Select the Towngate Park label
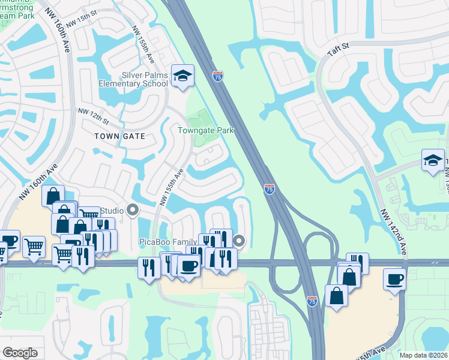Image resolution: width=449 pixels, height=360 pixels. tap(205, 130)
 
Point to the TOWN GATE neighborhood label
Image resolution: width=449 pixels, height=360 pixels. tap(119, 136)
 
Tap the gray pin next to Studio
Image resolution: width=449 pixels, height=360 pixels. tap(133, 210)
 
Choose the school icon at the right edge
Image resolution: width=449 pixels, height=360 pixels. tap(433, 160)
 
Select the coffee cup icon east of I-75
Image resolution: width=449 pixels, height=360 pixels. tap(394, 279)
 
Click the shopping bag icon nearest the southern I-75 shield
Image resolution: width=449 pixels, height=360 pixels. tap(336, 295)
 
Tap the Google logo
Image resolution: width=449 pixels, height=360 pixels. tap(20, 353)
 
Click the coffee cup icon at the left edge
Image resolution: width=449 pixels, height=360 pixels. tap(10, 242)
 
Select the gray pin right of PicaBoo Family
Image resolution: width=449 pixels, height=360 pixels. tap(239, 242)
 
